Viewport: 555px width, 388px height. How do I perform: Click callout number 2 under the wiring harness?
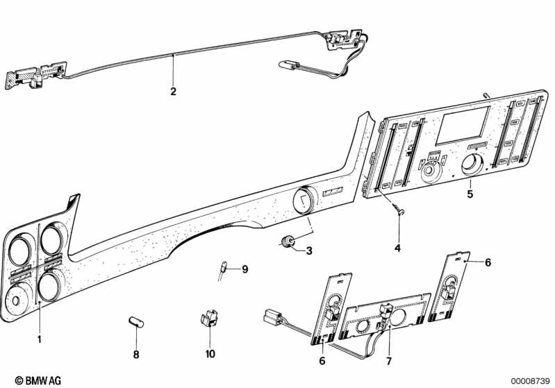coord(173,91)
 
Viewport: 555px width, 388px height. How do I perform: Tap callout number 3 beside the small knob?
coord(309,251)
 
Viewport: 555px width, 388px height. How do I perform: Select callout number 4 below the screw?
coord(397,248)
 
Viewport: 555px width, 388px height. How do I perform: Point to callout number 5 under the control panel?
coord(470,194)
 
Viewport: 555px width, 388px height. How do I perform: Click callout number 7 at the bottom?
coord(389,361)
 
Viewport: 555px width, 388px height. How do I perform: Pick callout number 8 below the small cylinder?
coord(136,355)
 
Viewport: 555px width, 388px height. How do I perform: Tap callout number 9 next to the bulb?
coord(245,269)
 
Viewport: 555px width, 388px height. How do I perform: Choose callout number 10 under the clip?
coord(210,354)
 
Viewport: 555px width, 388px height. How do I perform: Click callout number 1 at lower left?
coord(40,339)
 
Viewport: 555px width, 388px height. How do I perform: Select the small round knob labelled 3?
coord(287,242)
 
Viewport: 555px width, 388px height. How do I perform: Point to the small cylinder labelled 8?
coord(136,322)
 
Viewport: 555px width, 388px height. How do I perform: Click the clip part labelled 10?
coord(209,317)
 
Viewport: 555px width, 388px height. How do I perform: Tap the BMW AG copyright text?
coord(38,380)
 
